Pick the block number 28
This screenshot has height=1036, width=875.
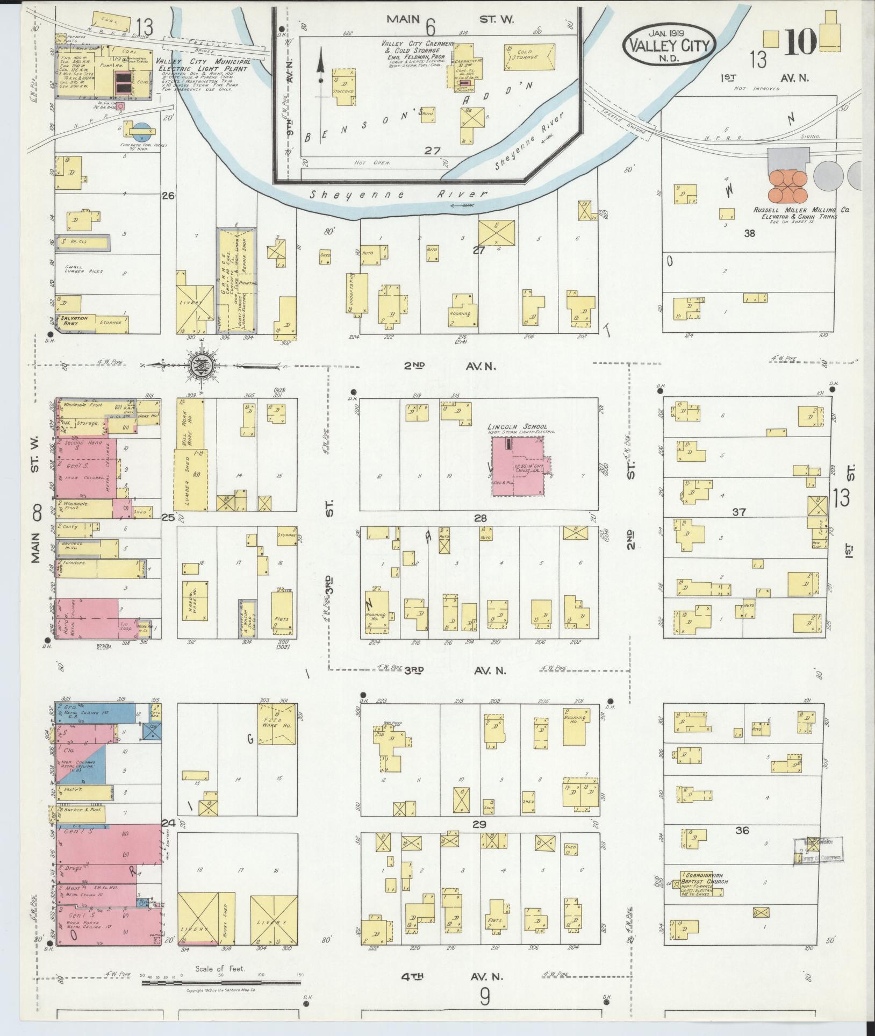click(x=479, y=518)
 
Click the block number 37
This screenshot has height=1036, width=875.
click(x=739, y=512)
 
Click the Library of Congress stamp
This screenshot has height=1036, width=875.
click(x=817, y=852)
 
